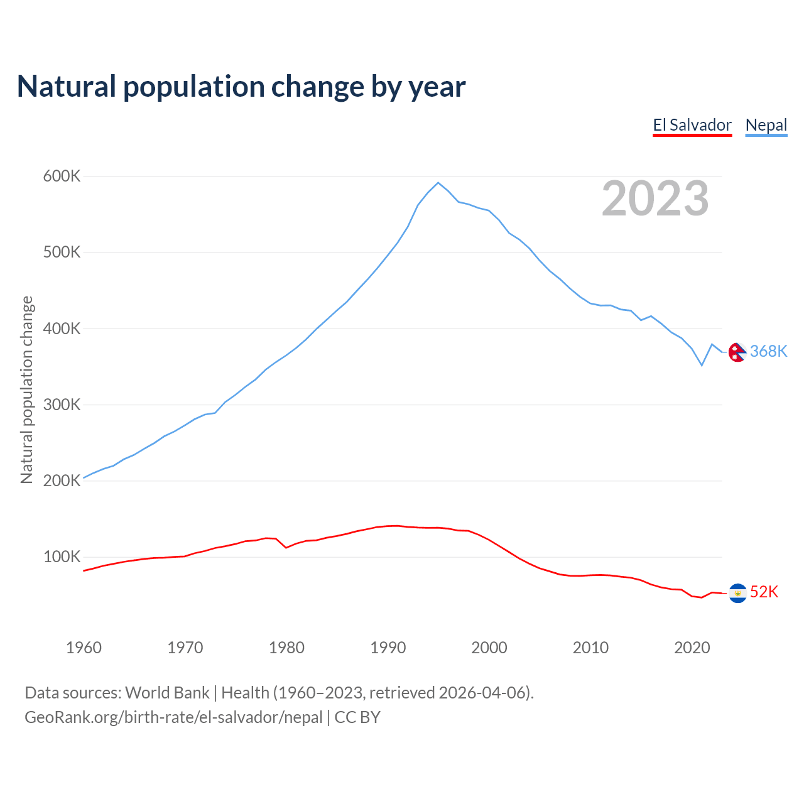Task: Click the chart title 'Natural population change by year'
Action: [x=241, y=87]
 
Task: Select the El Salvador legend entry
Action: [x=692, y=125]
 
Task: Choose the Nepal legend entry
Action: [x=766, y=125]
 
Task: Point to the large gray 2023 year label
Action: [x=655, y=198]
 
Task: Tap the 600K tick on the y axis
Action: [x=62, y=177]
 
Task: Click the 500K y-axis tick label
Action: [x=62, y=253]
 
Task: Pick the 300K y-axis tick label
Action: [x=62, y=405]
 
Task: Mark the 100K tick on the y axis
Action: [x=62, y=557]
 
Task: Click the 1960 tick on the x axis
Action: [x=84, y=648]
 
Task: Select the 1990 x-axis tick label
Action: [x=388, y=648]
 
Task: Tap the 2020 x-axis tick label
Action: [x=692, y=648]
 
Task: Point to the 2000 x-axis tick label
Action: [x=489, y=648]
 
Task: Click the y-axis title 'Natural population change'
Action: [x=26, y=389]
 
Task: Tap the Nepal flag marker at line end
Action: [x=737, y=352]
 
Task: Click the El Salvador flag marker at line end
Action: [x=737, y=593]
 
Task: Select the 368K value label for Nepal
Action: [x=768, y=351]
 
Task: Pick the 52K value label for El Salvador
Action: [x=764, y=592]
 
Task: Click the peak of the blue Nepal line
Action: [x=438, y=183]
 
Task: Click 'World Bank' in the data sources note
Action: [x=167, y=693]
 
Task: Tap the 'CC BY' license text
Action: [x=357, y=717]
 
